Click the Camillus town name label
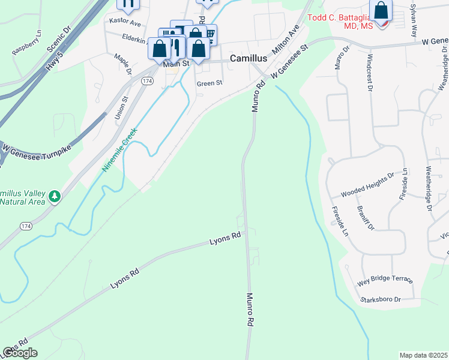[x=249, y=59]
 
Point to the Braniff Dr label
[x=365, y=218]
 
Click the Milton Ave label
[x=286, y=41]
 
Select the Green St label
[x=209, y=83]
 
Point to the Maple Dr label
[x=122, y=64]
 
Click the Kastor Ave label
[x=124, y=22]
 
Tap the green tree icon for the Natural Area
[x=55, y=196]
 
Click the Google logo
[x=20, y=353]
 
